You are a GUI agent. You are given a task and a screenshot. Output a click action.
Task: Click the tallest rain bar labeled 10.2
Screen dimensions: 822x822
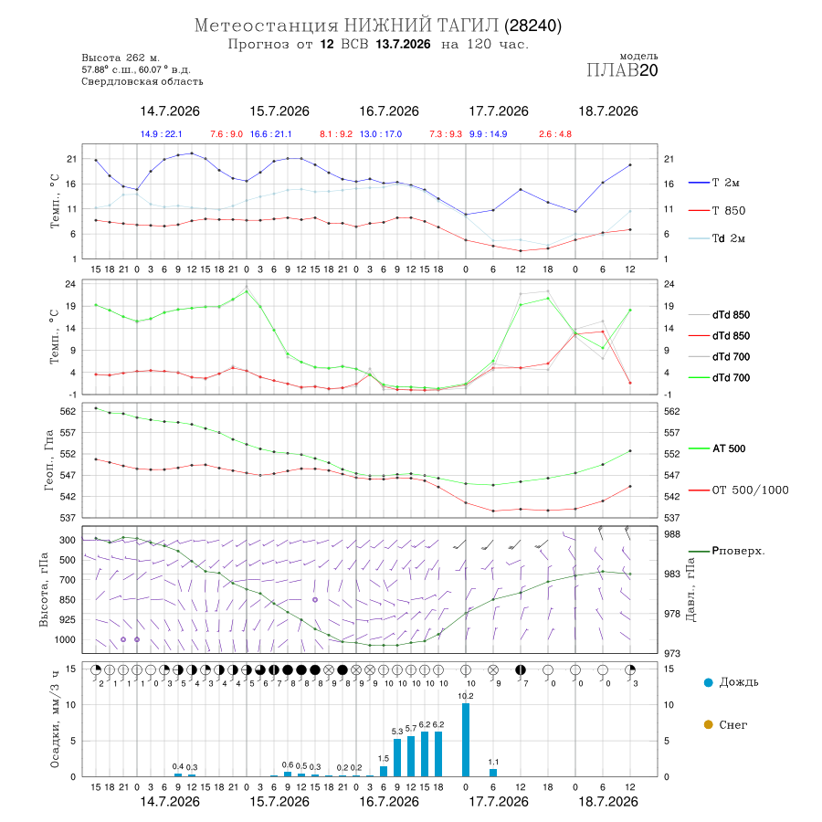[466, 740]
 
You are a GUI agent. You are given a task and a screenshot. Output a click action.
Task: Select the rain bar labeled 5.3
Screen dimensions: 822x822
[397, 757]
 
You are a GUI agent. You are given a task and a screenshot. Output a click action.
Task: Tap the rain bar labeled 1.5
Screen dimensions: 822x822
[384, 771]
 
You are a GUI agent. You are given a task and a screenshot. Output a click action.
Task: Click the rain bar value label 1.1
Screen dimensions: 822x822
[493, 763]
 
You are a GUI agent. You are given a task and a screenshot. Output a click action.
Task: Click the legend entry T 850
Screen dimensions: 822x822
[717, 211]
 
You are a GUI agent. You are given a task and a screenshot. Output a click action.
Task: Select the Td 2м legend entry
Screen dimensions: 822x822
[717, 238]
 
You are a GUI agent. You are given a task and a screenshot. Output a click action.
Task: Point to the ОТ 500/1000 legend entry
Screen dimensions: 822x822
[739, 490]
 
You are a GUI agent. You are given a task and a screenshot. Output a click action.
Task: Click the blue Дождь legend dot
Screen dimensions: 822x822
[708, 682]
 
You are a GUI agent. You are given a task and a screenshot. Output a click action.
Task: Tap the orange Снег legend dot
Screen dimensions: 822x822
[708, 724]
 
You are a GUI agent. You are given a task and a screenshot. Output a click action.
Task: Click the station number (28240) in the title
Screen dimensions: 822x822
[533, 26]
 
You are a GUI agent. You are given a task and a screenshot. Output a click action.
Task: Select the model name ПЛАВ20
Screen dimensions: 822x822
[622, 70]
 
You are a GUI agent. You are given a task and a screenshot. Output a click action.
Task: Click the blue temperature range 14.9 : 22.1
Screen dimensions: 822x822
[162, 134]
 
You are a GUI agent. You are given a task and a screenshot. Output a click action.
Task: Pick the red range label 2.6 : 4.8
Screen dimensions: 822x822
[555, 134]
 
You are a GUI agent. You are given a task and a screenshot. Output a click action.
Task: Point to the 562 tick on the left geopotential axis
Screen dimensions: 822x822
[68, 412]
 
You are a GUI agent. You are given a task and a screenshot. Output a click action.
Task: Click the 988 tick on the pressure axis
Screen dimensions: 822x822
[672, 534]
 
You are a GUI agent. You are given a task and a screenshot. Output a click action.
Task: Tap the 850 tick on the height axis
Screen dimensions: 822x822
[67, 600]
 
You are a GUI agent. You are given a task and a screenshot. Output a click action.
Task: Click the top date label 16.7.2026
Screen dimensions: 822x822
[389, 111]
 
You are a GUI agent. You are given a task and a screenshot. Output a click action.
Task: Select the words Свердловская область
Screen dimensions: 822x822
[142, 82]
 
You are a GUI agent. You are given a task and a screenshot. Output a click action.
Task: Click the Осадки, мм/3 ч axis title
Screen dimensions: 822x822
[55, 720]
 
